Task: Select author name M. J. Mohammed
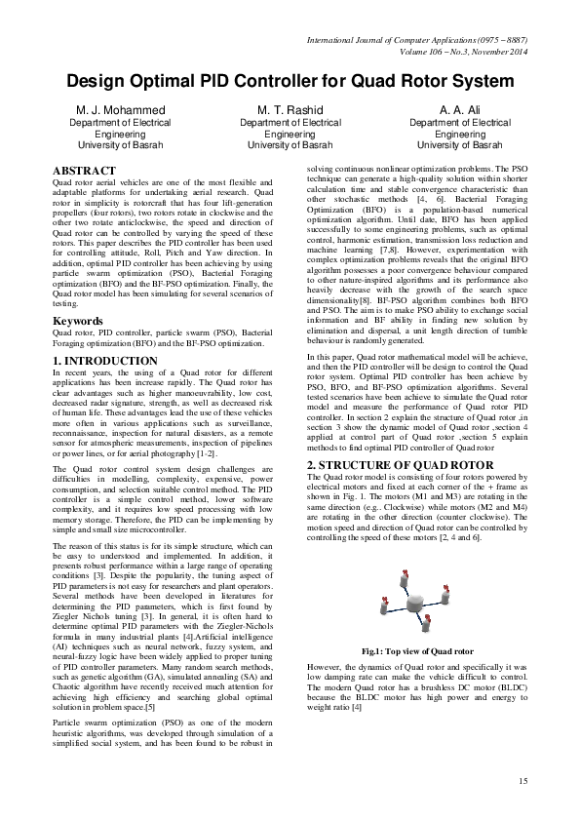click(x=121, y=110)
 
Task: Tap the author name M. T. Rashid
click(x=290, y=110)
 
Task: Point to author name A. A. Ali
click(x=459, y=110)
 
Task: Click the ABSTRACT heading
click(x=84, y=171)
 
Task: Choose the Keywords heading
click(x=77, y=321)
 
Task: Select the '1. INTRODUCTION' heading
click(x=104, y=361)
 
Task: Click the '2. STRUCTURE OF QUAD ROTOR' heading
click(x=400, y=465)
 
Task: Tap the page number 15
click(x=522, y=781)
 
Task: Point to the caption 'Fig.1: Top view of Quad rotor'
click(x=417, y=651)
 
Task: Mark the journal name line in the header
click(x=416, y=40)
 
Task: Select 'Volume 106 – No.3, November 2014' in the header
click(x=463, y=52)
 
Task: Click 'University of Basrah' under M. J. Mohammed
click(x=121, y=145)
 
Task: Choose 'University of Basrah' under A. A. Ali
click(x=459, y=145)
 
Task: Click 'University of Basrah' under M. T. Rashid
click(x=290, y=145)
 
